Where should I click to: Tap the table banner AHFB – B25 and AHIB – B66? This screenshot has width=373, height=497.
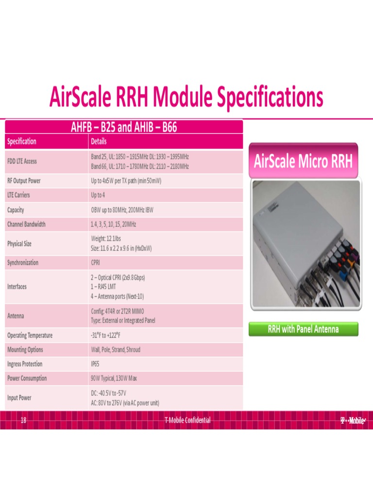[124, 128]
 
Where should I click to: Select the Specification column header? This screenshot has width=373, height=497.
[21, 142]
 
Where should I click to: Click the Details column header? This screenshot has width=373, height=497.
[99, 142]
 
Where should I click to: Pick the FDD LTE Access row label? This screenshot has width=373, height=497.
[22, 162]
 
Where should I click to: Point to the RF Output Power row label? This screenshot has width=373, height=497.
[24, 181]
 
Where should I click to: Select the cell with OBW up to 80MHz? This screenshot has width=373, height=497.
[122, 210]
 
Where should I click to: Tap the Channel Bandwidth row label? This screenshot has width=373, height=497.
[26, 224]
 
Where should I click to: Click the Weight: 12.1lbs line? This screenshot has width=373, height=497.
[110, 239]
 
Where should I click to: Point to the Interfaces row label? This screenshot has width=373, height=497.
[17, 286]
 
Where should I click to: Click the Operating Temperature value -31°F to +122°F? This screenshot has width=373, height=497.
[106, 335]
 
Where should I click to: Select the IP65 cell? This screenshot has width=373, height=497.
[95, 364]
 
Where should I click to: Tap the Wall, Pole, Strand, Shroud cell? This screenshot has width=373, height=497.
[116, 349]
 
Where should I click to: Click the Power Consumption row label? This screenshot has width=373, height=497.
[27, 378]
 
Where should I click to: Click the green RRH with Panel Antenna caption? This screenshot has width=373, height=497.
[303, 329]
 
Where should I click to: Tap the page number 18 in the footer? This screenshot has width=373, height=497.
[23, 420]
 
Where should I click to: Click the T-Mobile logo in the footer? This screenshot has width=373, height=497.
[353, 420]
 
